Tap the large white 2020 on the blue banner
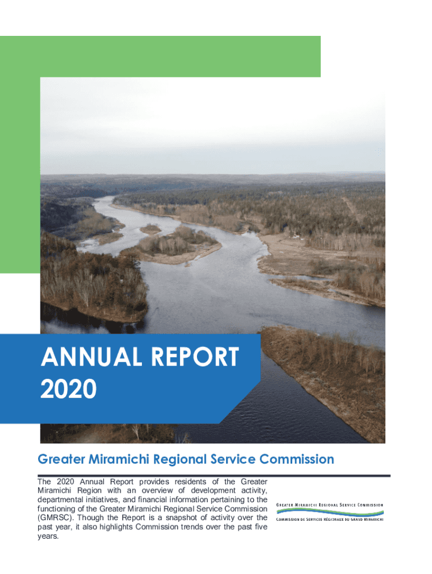68,390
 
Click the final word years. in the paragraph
48,536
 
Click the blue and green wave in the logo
330,512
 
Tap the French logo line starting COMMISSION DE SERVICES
330,519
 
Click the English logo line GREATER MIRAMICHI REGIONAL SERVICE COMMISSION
330,505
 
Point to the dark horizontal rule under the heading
214,475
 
